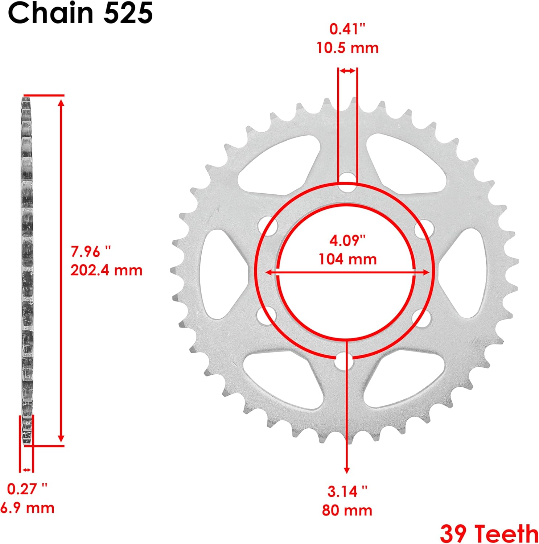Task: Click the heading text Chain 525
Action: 80,13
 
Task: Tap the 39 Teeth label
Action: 489,533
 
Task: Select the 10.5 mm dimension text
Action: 347,48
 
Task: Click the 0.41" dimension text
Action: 347,29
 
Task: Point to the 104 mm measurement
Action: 347,259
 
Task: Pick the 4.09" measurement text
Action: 347,240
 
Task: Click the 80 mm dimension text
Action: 347,510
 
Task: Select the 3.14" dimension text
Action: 347,491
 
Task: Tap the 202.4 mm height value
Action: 106,270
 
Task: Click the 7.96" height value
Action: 91,251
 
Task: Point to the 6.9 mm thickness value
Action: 27,508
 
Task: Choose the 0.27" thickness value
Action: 27,489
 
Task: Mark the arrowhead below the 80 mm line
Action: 347,470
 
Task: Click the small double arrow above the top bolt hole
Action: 347,71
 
